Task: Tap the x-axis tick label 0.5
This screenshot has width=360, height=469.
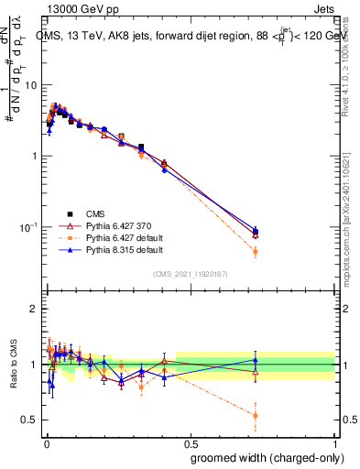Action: pyautogui.click(x=190, y=442)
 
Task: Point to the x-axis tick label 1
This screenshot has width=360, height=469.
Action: pyautogui.click(x=335, y=442)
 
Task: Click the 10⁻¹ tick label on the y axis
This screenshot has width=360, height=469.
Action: pyautogui.click(x=27, y=227)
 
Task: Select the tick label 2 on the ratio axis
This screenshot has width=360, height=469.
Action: pyautogui.click(x=34, y=309)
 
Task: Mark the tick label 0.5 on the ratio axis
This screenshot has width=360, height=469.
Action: pyautogui.click(x=30, y=420)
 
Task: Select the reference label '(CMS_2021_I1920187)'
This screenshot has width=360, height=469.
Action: pyautogui.click(x=190, y=273)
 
